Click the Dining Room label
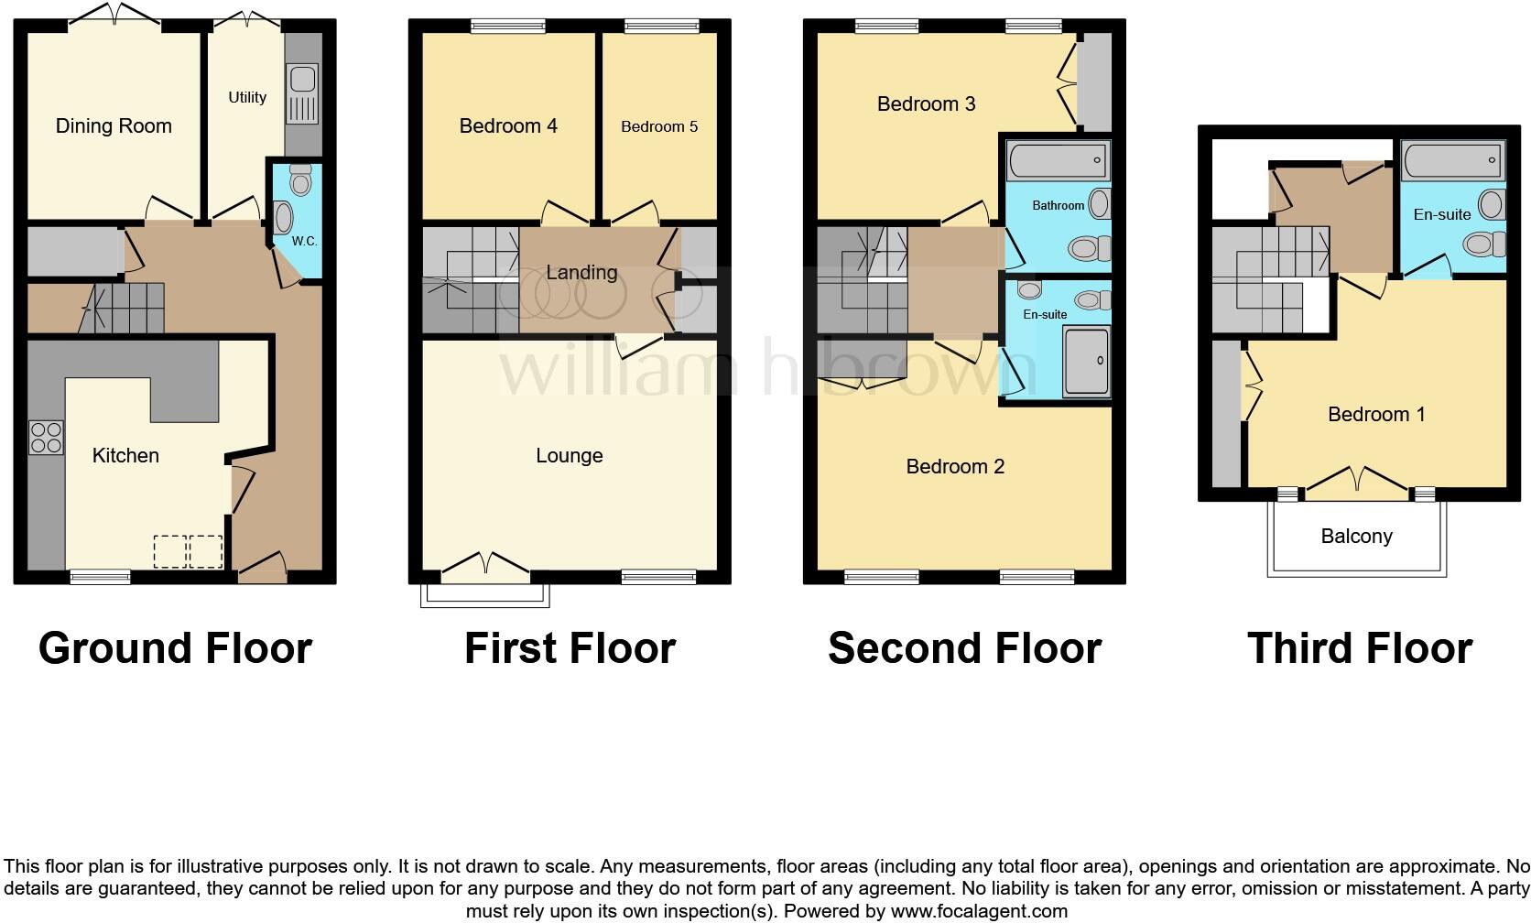point(114,126)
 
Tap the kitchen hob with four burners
point(46,437)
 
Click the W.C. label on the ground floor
point(304,242)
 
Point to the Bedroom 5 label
point(659,126)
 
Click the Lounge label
point(569,456)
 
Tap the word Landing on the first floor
point(581,273)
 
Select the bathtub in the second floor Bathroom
point(1058,163)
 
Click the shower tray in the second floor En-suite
point(1086,363)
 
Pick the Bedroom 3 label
point(926,104)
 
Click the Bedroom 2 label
point(955,467)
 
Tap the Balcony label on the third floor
point(1356,537)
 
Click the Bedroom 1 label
point(1376,415)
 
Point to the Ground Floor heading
point(175,648)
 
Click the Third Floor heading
point(1359,648)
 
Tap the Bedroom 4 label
point(508,126)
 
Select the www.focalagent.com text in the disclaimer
point(978,911)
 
